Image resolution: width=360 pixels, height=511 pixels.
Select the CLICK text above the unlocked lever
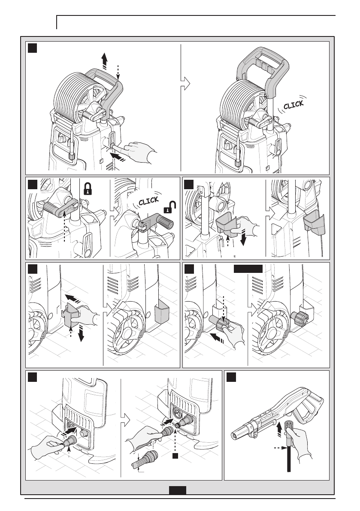pos(148,202)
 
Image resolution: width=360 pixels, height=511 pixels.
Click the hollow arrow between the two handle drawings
pos(185,84)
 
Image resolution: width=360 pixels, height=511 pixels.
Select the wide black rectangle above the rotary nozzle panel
pos(248,269)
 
